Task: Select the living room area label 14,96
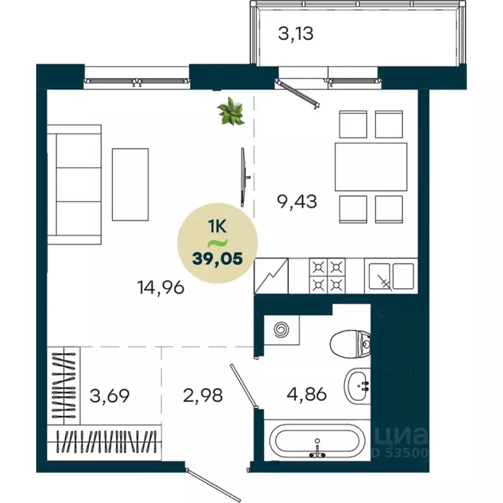pos(160,286)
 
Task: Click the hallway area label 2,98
pos(204,396)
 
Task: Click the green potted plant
pos(231,111)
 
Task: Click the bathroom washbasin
pos(358,388)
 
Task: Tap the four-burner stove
pos(327,276)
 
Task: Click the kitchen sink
pos(391,276)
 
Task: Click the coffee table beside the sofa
pos(130,184)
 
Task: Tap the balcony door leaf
pos(299,93)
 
